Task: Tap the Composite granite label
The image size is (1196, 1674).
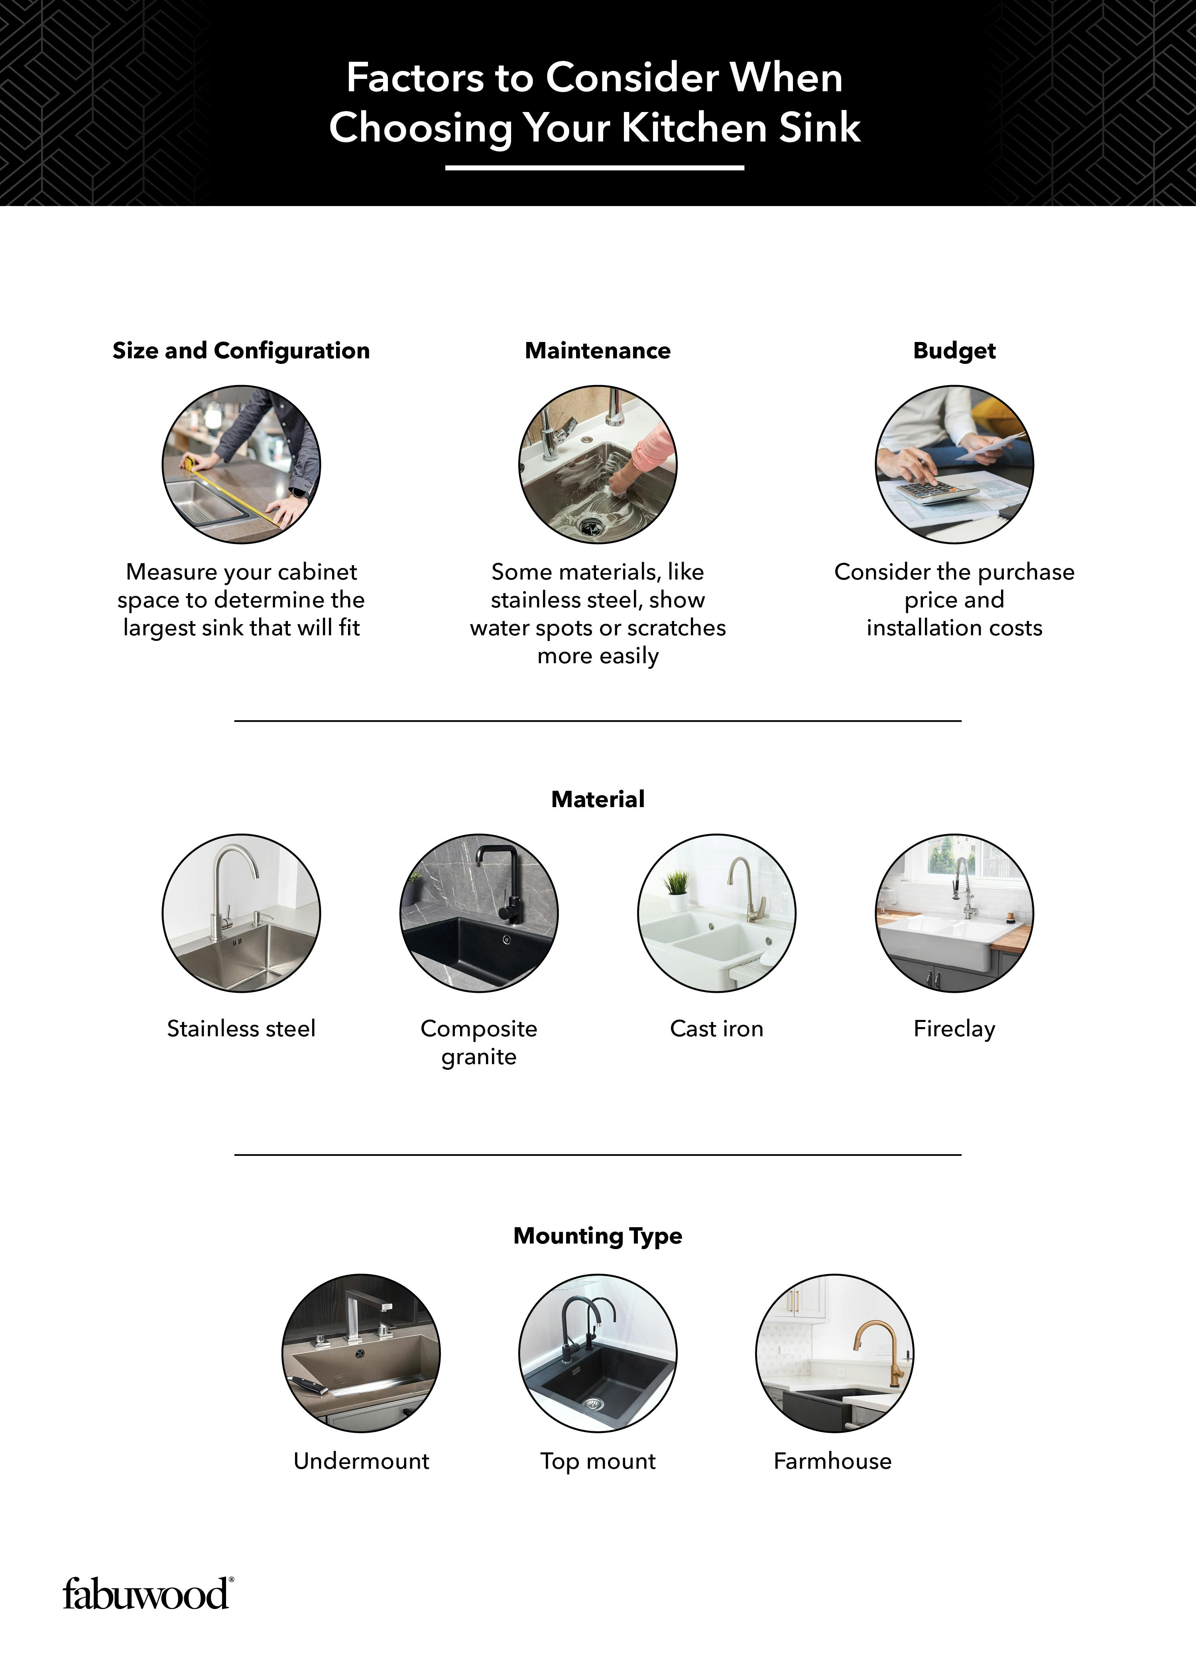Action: pos(479,1041)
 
